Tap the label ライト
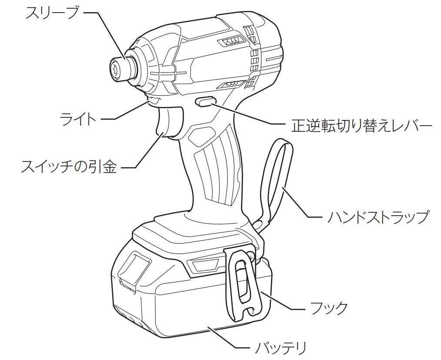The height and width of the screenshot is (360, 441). click(x=78, y=118)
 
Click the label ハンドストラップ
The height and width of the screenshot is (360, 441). click(x=378, y=216)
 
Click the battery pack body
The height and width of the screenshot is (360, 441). click(x=183, y=304)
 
